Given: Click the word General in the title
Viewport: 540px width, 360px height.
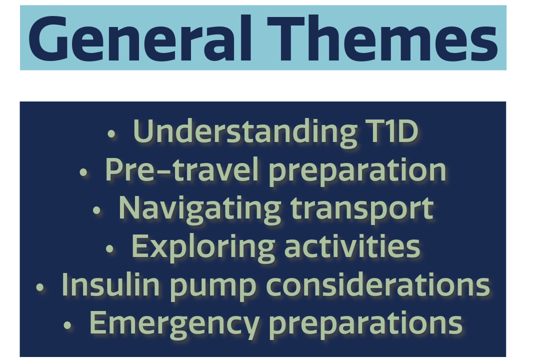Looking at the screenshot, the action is point(140,38).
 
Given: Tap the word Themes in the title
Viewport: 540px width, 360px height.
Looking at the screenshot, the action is point(382,38).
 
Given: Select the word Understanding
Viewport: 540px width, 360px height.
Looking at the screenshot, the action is point(245,132).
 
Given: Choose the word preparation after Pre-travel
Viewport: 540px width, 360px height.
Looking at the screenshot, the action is point(357,171).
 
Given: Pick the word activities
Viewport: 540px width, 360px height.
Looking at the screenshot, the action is point(352,246).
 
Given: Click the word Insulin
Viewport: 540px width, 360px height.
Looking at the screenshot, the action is point(110,284).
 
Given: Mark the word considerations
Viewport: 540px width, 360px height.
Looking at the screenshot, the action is point(378,284).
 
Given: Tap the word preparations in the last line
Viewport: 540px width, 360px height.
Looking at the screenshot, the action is point(365,325).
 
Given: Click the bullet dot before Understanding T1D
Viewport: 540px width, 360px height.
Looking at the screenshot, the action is point(111,134).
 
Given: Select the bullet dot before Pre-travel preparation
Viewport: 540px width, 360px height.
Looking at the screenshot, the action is point(83,172).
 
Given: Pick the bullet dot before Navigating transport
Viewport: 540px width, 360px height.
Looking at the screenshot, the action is point(97,210).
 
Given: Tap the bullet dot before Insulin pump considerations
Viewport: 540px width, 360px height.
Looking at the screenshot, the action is point(40,287).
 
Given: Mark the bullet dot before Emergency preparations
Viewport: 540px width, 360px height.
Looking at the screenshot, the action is point(67,325).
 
